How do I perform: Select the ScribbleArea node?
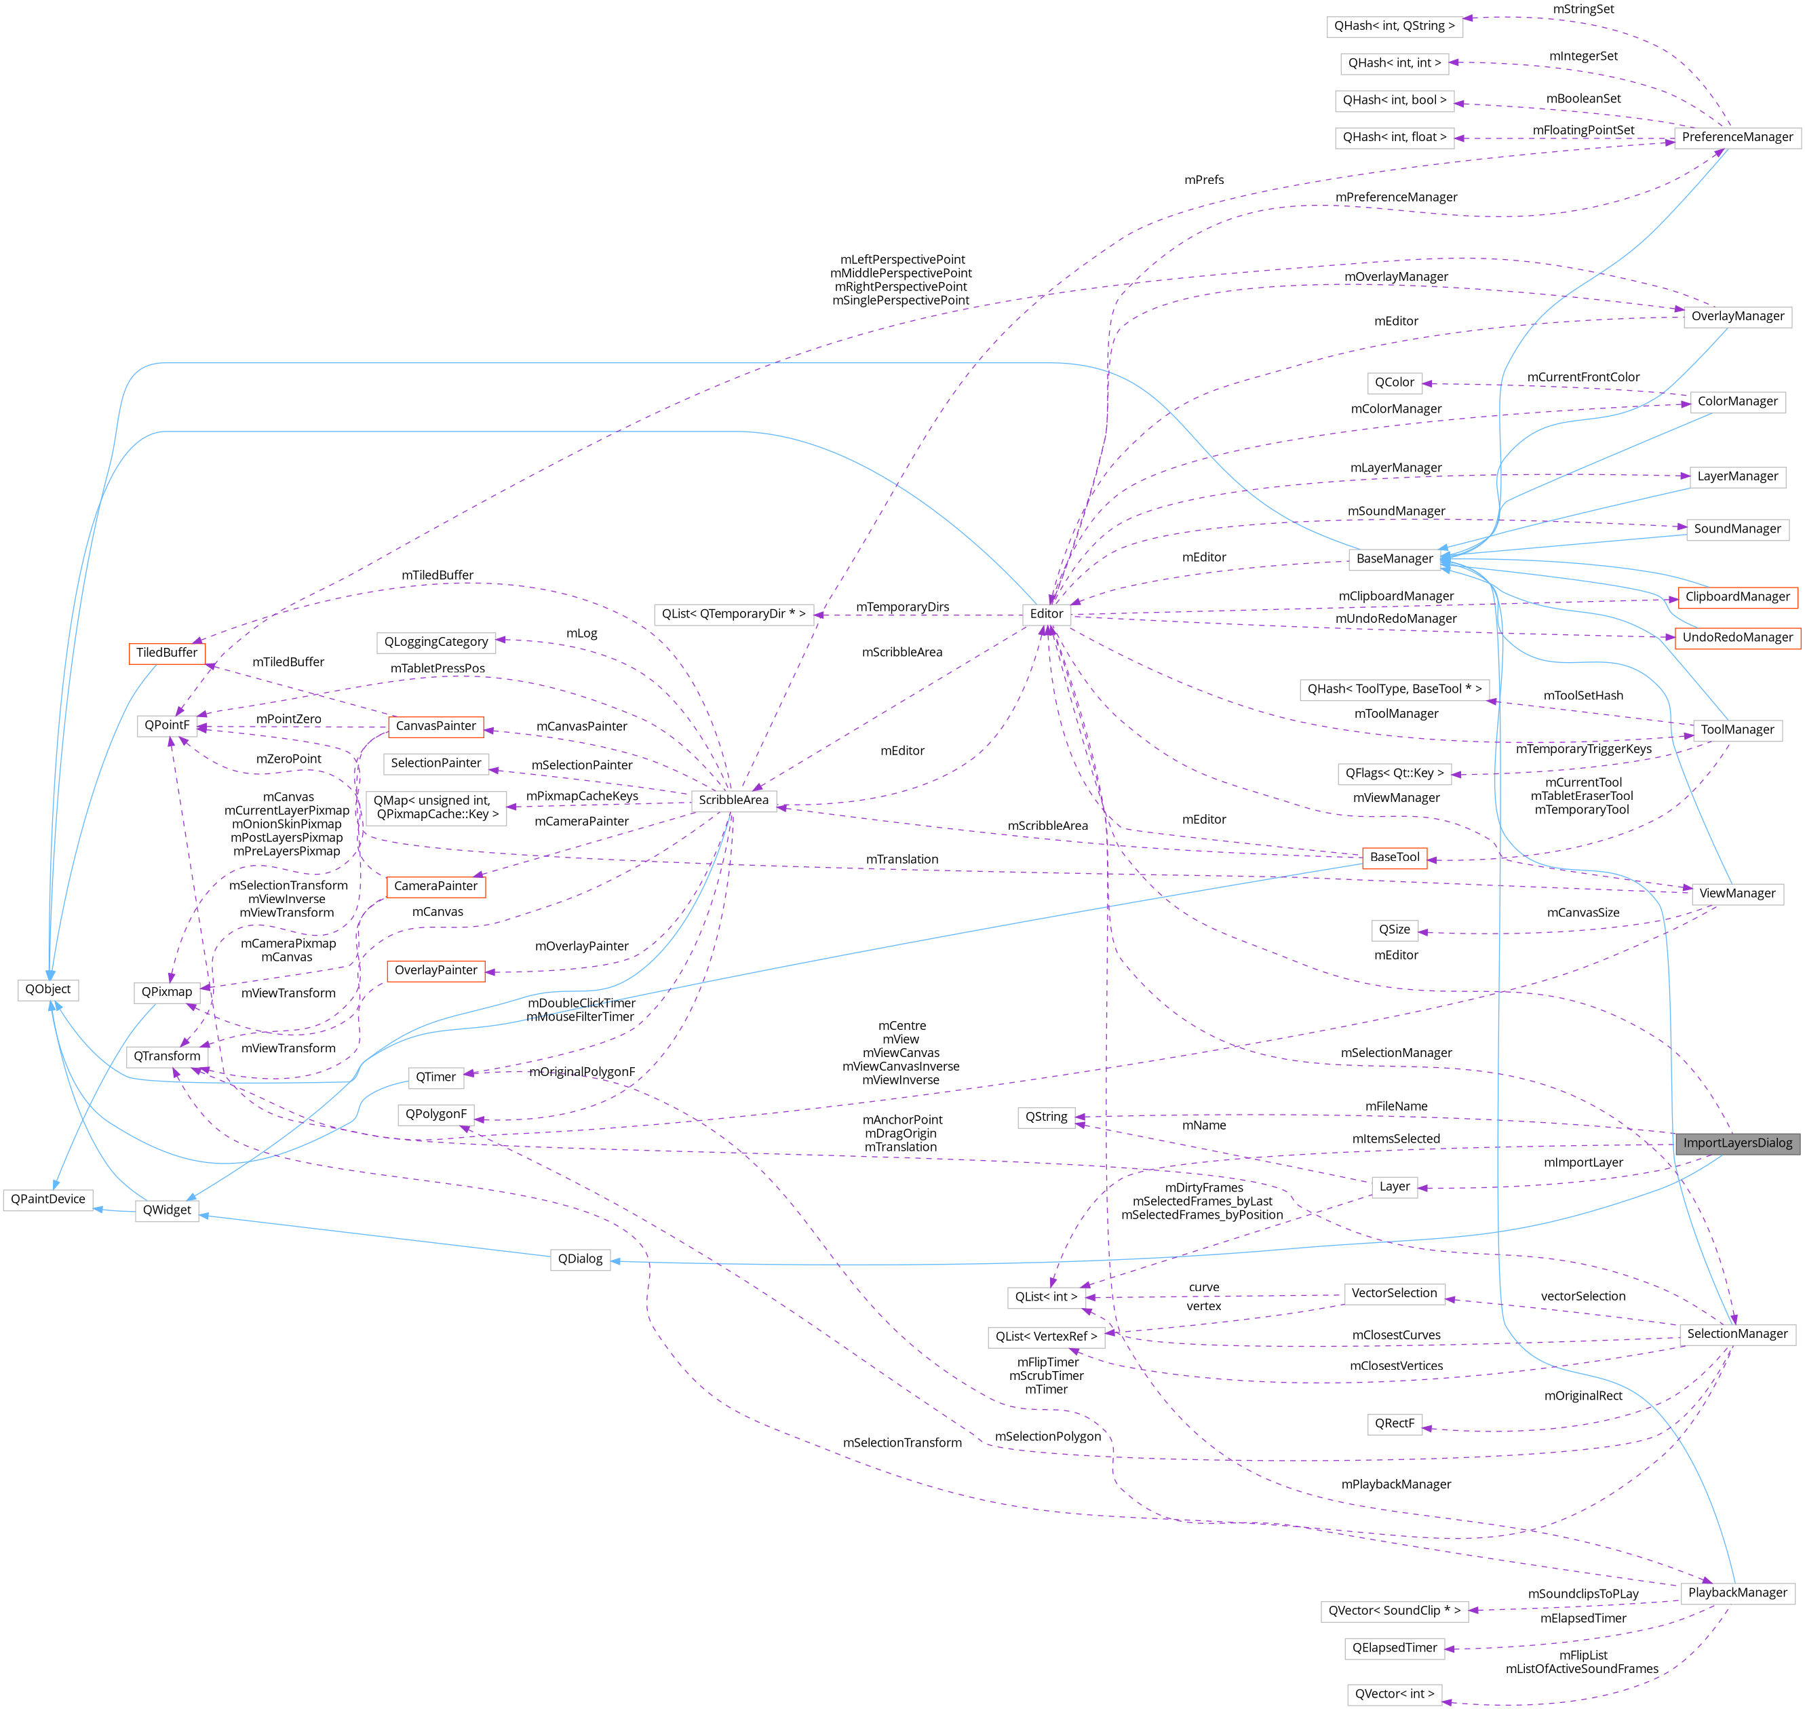pos(733,801)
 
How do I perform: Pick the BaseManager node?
pos(1394,558)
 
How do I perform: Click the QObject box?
pos(47,989)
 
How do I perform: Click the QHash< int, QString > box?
pos(1394,26)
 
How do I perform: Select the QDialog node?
pos(580,1259)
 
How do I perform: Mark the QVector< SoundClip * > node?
pos(1393,1611)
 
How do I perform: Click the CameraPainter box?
pos(435,886)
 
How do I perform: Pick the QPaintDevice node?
pos(47,1199)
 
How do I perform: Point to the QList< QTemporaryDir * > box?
pos(733,614)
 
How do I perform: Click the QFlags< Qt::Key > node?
pos(1394,773)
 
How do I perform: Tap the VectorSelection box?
pos(1393,1294)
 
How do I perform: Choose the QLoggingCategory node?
pos(435,642)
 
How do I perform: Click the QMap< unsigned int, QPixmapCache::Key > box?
pos(435,808)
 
